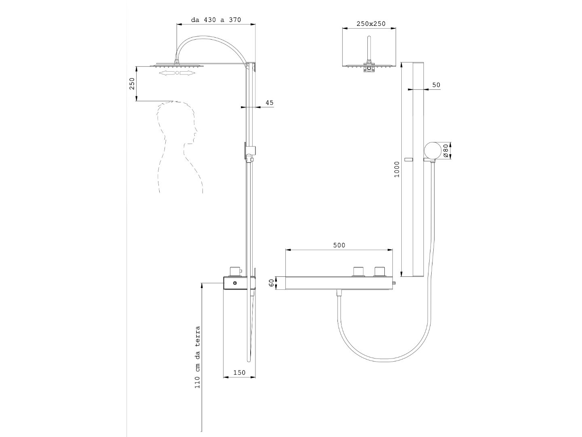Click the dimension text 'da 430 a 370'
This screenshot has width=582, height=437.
[216, 20]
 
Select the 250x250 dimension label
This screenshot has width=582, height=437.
[371, 23]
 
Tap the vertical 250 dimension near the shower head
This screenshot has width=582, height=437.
[132, 84]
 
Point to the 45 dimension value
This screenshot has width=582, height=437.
[269, 102]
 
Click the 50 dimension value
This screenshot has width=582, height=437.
[436, 85]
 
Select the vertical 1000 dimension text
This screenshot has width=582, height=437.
[396, 169]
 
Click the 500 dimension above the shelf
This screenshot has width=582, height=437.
[339, 245]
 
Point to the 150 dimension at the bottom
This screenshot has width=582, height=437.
[239, 373]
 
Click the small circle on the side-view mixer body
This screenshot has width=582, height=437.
[234, 283]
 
